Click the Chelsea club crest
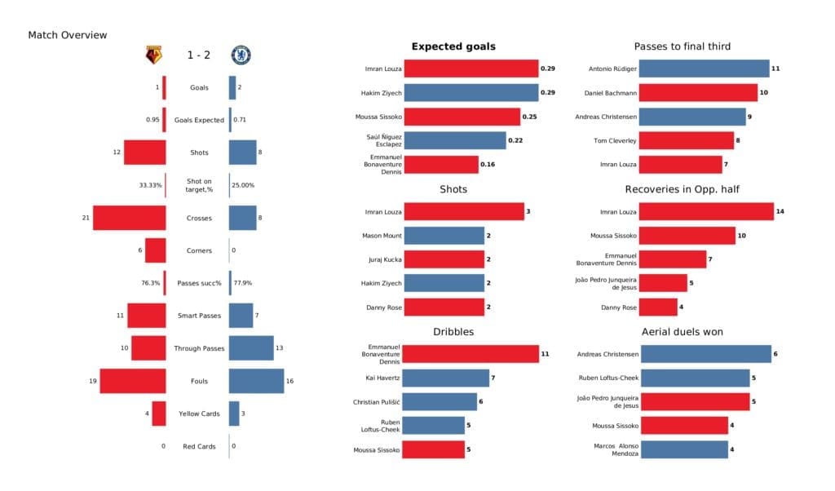(241, 55)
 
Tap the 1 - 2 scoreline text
(198, 55)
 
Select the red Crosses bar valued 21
(130, 218)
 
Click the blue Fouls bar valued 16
(256, 381)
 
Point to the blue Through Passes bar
(251, 348)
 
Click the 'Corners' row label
(198, 250)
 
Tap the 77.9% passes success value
(243, 283)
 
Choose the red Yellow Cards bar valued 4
(159, 414)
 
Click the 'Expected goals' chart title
(453, 46)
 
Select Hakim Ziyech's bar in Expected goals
(471, 93)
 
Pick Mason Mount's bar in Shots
(444, 236)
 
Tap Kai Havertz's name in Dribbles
(382, 378)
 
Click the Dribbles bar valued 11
(471, 354)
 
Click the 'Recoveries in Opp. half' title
(682, 189)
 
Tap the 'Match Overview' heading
(68, 35)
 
